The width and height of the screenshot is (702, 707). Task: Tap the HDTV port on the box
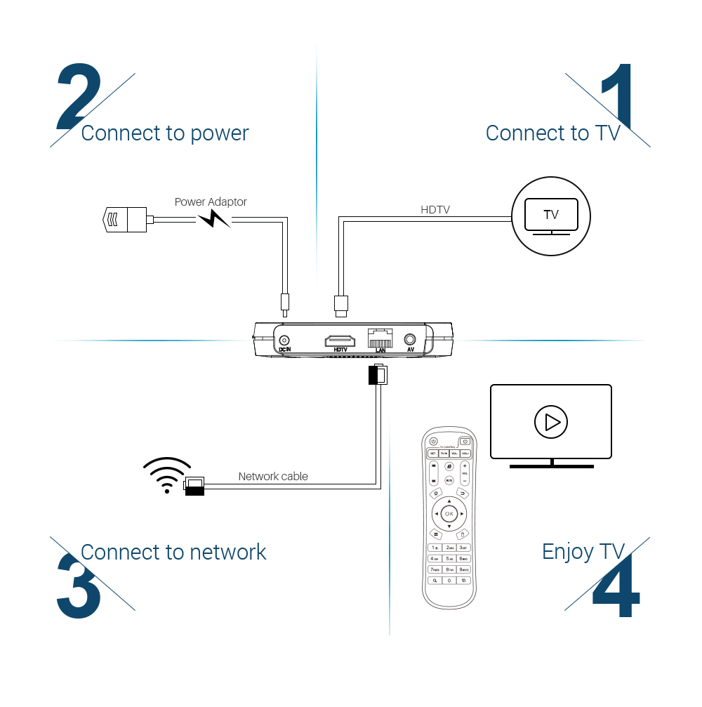tap(340, 341)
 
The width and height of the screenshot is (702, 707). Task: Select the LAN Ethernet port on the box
tap(380, 338)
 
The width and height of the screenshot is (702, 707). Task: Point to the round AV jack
tap(410, 339)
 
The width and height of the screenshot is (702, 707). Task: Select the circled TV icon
tap(551, 215)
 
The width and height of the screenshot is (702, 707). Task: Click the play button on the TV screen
tap(551, 422)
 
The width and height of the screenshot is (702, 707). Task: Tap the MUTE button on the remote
tap(449, 480)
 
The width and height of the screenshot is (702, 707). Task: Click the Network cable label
tap(273, 476)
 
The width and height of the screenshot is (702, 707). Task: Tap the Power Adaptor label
tap(211, 201)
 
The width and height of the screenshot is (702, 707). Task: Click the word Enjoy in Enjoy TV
tap(567, 552)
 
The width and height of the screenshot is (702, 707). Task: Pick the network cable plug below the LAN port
tap(378, 376)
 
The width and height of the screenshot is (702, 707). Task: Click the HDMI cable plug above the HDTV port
tap(340, 303)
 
